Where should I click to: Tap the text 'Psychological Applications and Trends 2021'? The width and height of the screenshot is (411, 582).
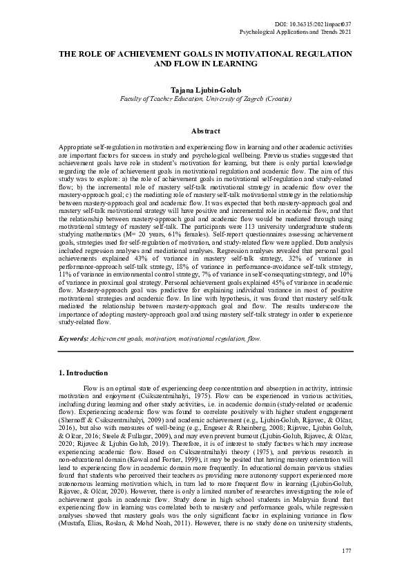click(x=295, y=32)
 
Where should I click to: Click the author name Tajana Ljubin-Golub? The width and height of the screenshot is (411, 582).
click(x=205, y=90)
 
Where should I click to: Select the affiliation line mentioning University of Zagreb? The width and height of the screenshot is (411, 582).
click(x=205, y=99)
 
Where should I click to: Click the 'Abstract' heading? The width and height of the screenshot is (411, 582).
click(x=205, y=131)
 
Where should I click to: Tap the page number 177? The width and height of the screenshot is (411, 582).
click(x=347, y=549)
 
